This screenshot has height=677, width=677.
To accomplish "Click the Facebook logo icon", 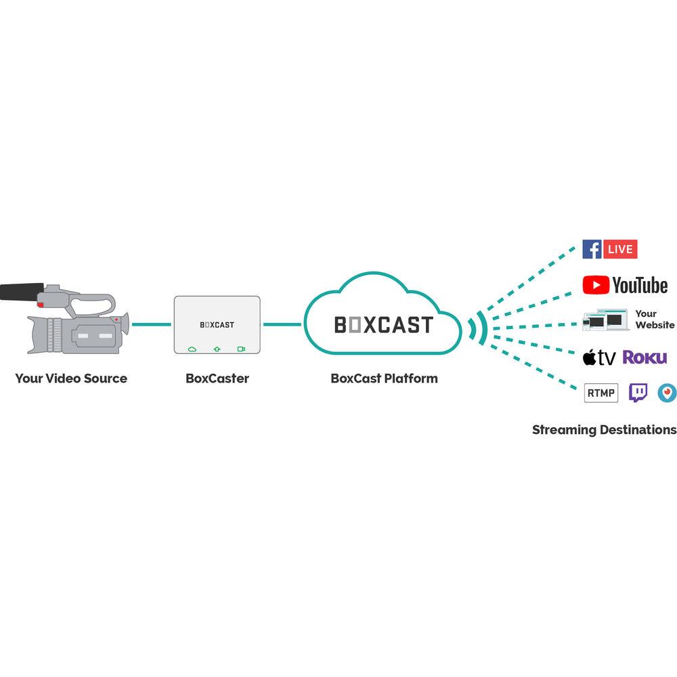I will click(592, 249).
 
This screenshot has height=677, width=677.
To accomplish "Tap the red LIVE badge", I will click(620, 249).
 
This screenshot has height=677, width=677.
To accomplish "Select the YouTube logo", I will click(625, 286).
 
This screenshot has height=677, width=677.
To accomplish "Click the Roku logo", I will click(645, 357).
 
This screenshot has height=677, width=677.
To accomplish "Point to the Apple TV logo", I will click(599, 357).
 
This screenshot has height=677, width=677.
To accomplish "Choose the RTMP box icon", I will click(601, 393).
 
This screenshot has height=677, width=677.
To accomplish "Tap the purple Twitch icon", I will click(638, 393).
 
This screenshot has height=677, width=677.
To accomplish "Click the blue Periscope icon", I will click(667, 393).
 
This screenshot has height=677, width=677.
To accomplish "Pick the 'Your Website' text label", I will click(655, 320).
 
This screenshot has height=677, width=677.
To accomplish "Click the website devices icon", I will click(604, 320).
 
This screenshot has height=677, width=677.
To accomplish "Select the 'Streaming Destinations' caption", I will click(604, 430).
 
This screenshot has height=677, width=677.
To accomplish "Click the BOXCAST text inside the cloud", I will click(383, 325).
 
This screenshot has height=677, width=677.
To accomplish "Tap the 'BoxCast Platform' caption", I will click(384, 378).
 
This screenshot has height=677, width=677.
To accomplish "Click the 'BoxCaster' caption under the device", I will click(217, 378).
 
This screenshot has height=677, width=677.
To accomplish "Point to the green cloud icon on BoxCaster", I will click(192, 349).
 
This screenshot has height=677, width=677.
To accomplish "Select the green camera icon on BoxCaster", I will click(241, 349).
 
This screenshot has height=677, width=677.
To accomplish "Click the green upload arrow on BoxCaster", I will click(217, 349).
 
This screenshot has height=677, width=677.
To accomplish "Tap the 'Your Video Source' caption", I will click(71, 378).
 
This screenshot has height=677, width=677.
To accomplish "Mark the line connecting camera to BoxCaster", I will click(152, 325).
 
